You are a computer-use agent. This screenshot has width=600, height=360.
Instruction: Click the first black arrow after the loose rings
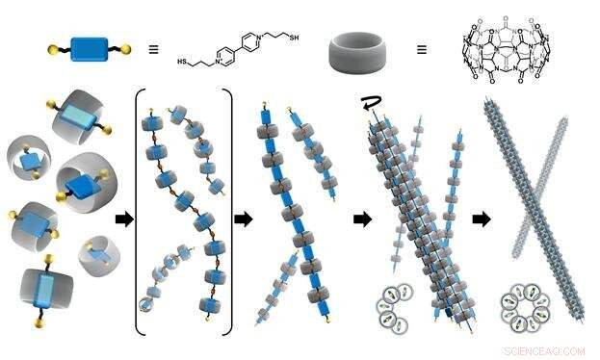point(123,219)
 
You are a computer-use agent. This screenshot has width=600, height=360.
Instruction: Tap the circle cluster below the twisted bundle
point(398,308)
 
